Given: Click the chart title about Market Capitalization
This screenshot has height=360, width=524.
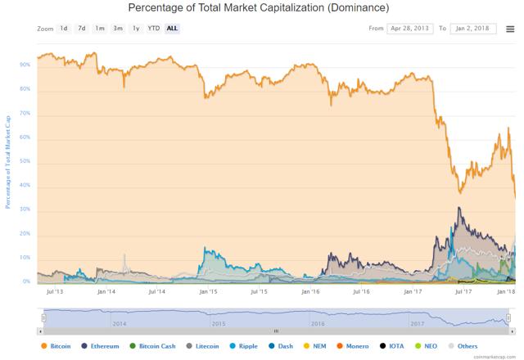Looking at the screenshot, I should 259,8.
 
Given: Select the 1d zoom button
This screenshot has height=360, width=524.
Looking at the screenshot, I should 64,29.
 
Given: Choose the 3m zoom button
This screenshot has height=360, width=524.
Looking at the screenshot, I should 118,29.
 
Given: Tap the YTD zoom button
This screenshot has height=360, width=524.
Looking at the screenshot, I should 153,29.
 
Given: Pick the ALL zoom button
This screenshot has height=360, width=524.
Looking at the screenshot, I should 172,29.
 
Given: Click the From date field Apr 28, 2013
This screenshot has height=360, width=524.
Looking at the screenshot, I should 409,29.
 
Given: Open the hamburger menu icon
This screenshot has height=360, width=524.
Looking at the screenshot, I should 510,29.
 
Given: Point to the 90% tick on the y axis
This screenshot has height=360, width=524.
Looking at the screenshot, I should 25,65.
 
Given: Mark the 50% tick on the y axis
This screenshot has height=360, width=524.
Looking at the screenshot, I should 25,161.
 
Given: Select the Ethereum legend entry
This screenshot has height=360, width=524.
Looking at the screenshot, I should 106,346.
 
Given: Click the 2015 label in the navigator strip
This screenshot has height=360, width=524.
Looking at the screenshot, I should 218,324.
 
